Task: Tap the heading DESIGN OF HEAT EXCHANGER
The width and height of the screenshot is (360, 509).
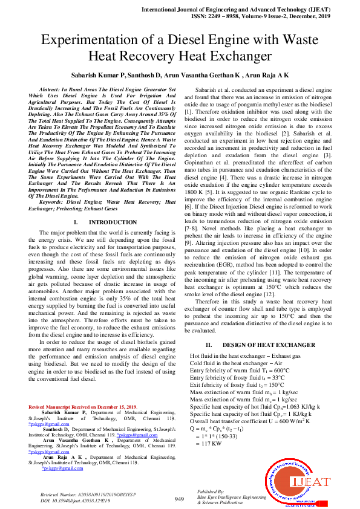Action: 260,345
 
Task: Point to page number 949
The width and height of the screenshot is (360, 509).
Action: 179,499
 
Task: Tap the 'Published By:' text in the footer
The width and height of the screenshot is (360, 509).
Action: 211,492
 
